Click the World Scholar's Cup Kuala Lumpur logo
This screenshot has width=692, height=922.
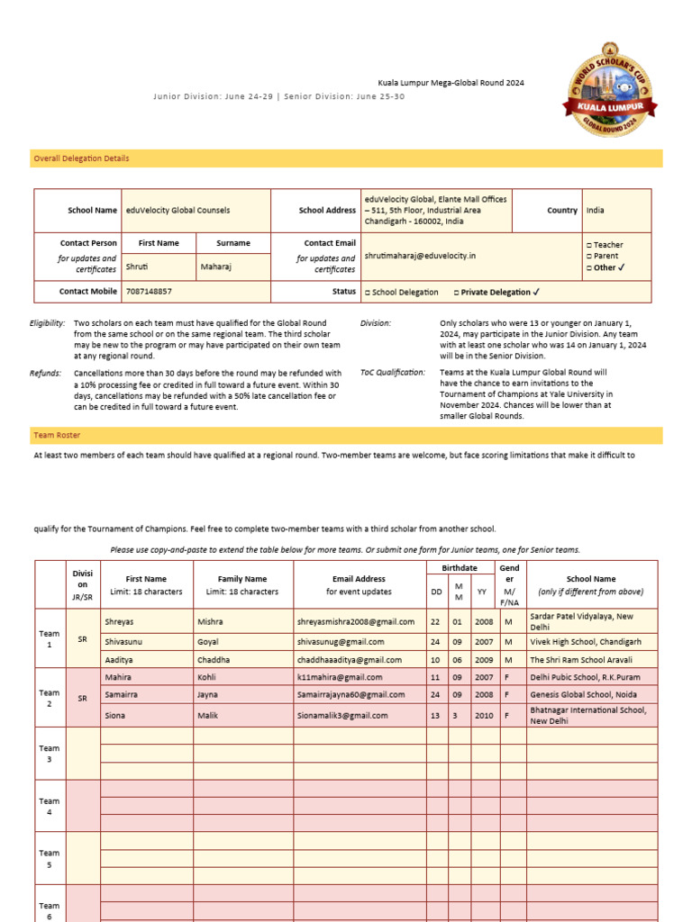point(612,91)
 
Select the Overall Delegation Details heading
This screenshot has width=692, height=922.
point(81,158)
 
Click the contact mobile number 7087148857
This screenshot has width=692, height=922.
point(150,292)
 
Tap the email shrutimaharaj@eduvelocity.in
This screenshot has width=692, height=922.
point(420,256)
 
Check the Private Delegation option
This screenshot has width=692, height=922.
point(496,292)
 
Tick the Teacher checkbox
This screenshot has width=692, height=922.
point(589,245)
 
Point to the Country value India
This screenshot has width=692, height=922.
point(596,210)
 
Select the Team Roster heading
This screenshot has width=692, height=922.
point(57,435)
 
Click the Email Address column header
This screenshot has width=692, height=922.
point(359,579)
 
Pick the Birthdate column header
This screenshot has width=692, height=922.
point(460,568)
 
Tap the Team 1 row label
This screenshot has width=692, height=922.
point(49,639)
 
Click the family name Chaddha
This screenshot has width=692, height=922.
point(214,660)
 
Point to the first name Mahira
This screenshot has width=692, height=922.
point(118,677)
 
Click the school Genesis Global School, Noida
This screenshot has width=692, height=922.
point(582,695)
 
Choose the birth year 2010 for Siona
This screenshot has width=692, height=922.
point(483,716)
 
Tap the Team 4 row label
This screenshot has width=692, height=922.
point(49,807)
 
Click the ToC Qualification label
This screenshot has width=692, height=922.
point(392,372)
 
